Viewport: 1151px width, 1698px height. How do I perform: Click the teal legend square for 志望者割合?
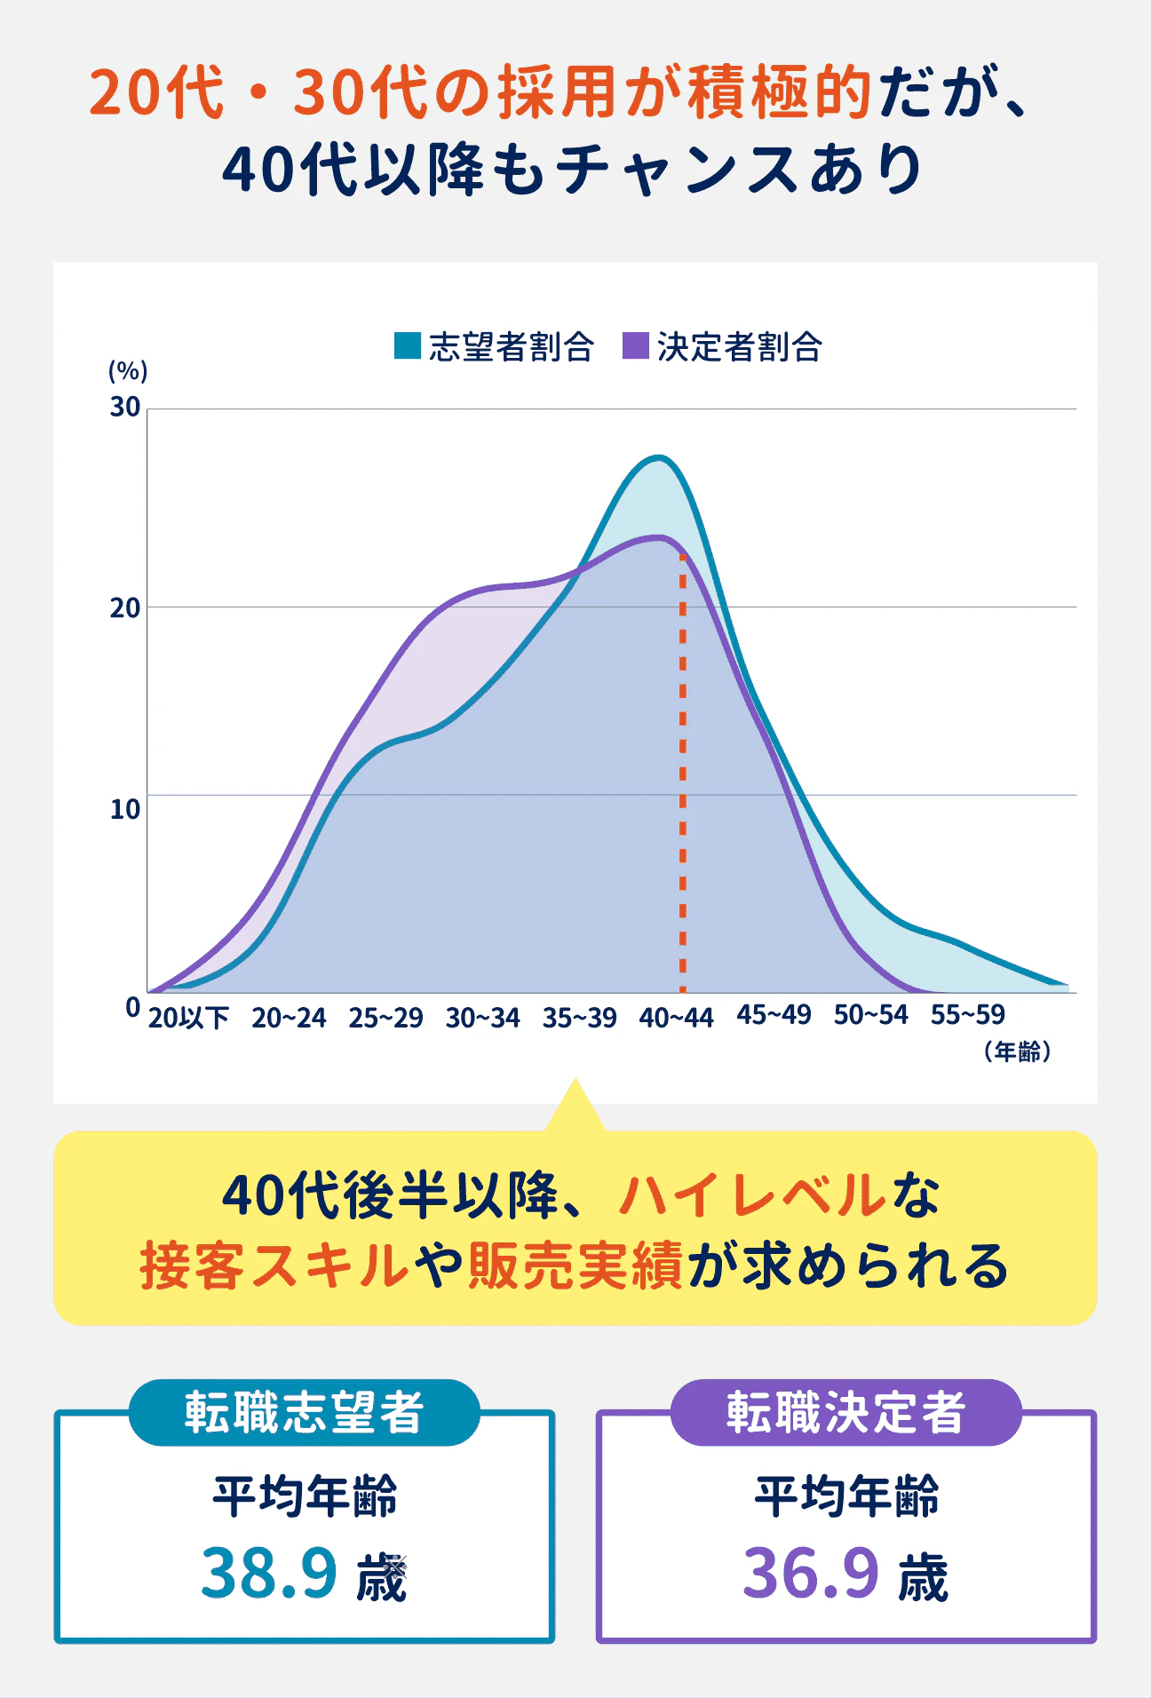pyautogui.click(x=407, y=345)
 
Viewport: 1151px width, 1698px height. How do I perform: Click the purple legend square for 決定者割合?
pyautogui.click(x=636, y=345)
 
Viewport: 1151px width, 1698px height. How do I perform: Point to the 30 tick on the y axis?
pyautogui.click(x=125, y=408)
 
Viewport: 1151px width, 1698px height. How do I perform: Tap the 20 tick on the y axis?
pyautogui.click(x=125, y=608)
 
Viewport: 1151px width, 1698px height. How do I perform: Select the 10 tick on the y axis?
pyautogui.click(x=125, y=809)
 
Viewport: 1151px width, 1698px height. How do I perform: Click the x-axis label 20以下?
pyautogui.click(x=188, y=1018)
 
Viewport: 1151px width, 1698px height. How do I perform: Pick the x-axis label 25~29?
pyautogui.click(x=385, y=1018)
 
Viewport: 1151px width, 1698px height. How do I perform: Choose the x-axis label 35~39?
pyautogui.click(x=579, y=1018)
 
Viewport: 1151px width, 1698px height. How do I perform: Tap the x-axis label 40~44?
pyautogui.click(x=676, y=1018)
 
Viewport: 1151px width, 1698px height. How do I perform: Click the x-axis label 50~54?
pyautogui.click(x=870, y=1015)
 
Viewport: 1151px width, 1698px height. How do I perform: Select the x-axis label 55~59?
pyautogui.click(x=967, y=1015)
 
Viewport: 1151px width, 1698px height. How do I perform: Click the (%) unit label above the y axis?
pyautogui.click(x=128, y=370)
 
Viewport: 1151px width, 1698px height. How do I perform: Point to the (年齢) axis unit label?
pyautogui.click(x=1018, y=1052)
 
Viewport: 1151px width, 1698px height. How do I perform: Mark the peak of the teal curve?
pyautogui.click(x=658, y=458)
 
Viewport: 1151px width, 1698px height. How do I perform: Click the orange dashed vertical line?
pyautogui.click(x=682, y=773)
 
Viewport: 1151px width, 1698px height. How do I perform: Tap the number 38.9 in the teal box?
pyautogui.click(x=268, y=1573)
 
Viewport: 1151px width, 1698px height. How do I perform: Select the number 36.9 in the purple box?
pyautogui.click(x=810, y=1573)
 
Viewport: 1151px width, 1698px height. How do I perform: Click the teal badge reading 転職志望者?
pyautogui.click(x=304, y=1412)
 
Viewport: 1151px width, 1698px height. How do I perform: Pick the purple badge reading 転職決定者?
pyautogui.click(x=845, y=1412)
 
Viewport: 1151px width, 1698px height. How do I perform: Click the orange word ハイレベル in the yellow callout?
pyautogui.click(x=751, y=1195)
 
